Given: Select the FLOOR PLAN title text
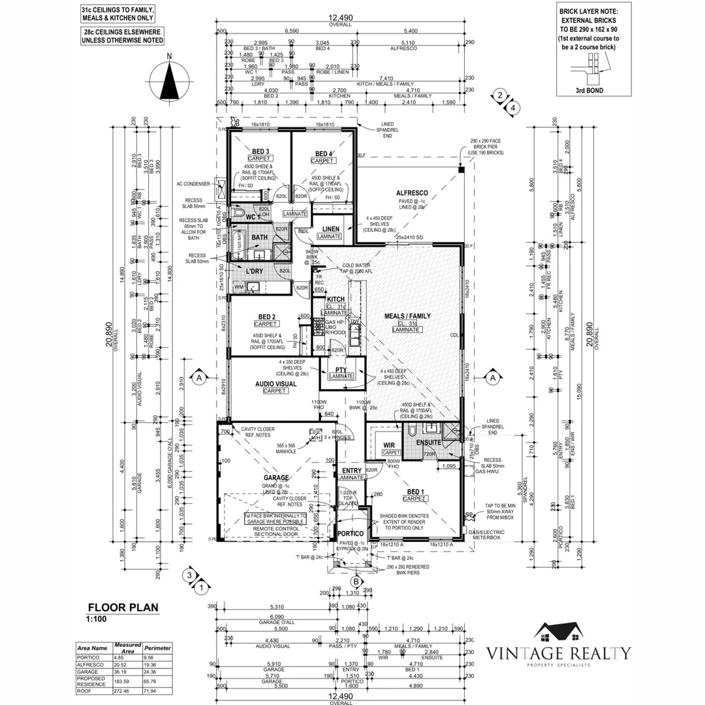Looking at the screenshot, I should click(x=123, y=606).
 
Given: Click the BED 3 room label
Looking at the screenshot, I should click(x=259, y=153).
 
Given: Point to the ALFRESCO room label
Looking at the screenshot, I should click(x=412, y=193).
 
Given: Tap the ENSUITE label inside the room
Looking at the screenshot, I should click(x=428, y=443).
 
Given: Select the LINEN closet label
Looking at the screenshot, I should click(x=330, y=228).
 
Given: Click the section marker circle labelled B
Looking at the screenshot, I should click(x=356, y=581).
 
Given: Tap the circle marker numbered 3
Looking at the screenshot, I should click(x=189, y=575).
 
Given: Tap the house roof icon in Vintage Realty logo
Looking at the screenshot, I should click(x=559, y=631).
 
